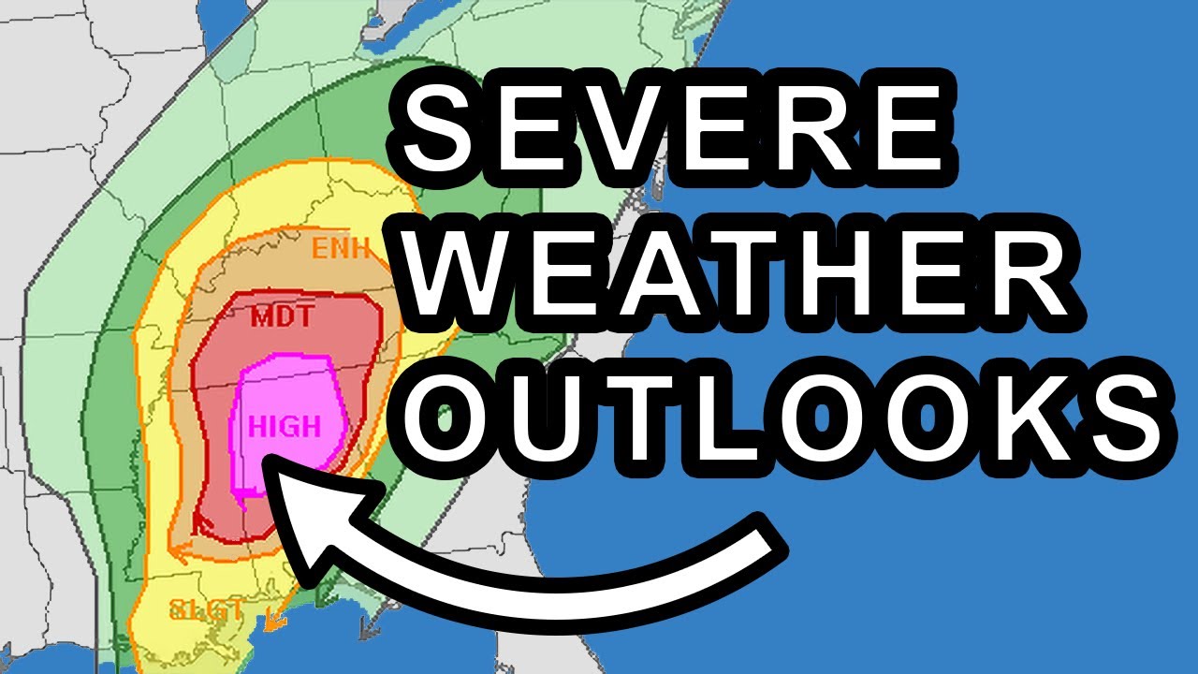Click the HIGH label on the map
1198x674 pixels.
pos(285,428)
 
